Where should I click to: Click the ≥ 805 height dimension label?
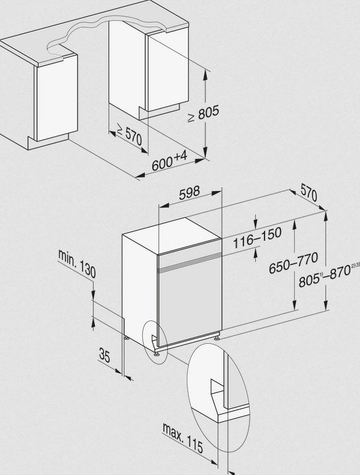[x=203, y=114]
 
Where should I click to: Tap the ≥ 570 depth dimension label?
[x=129, y=135]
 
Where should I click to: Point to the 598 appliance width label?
[x=189, y=193]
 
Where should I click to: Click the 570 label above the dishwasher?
[x=309, y=193]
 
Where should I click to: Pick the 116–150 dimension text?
[x=257, y=237]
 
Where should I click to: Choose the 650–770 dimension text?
[x=293, y=262]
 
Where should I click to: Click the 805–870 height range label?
[x=329, y=275]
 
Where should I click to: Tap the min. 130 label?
[x=77, y=264]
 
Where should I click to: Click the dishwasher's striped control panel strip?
[x=190, y=261]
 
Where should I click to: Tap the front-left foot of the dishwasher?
[x=157, y=353]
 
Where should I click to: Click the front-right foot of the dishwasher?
[x=216, y=337]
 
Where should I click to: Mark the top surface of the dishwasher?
[x=172, y=235]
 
